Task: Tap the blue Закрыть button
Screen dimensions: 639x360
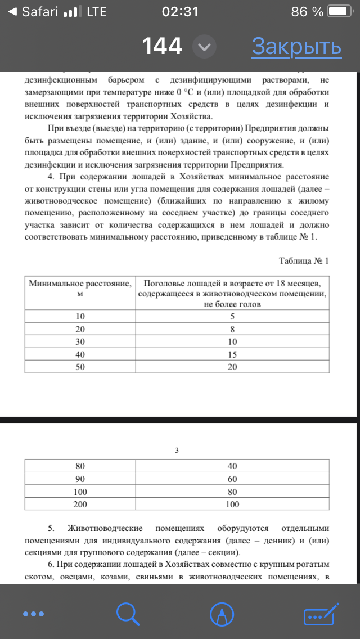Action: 296,47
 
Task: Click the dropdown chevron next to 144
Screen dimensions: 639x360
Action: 204,47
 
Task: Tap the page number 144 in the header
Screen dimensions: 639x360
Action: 162,47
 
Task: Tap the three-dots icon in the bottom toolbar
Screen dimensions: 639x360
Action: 33,613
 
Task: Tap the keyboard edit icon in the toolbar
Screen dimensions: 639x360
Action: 321,613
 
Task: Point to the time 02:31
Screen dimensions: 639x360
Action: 179,12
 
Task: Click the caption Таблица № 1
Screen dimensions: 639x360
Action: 303,261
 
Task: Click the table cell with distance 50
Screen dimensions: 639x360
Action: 80,367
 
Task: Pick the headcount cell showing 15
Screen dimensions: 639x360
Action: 232,354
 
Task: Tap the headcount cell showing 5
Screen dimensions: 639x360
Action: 232,316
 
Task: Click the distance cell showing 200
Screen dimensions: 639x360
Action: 80,505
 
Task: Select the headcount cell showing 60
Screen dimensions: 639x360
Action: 232,479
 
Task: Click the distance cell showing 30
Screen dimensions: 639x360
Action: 80,341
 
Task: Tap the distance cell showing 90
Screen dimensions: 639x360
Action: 80,479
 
